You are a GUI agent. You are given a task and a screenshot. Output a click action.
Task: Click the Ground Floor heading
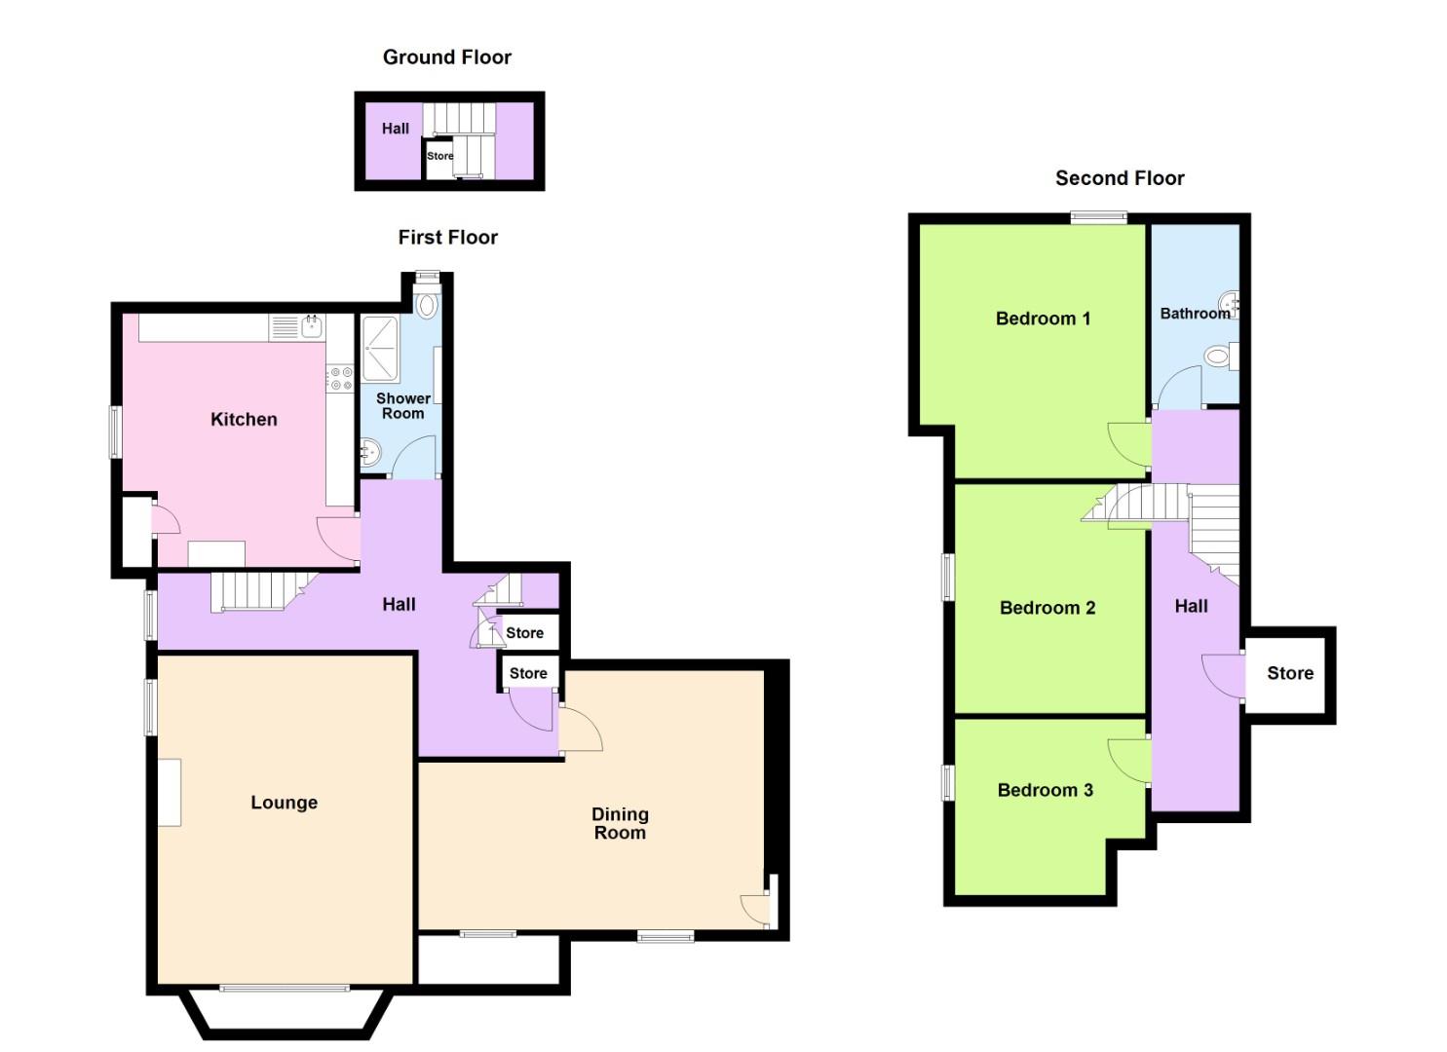tap(446, 57)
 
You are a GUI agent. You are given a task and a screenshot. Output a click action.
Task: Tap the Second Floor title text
tap(1120, 178)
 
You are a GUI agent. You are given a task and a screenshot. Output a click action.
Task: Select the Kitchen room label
tap(244, 420)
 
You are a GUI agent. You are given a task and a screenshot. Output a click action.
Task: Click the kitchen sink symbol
tap(312, 326)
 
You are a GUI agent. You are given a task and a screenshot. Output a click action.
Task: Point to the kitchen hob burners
tap(339, 379)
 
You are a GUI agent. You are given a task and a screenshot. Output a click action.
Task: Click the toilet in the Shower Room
tap(427, 304)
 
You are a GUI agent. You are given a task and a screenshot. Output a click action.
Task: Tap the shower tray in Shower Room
tap(380, 349)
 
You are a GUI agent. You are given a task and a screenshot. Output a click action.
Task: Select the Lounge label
tap(284, 803)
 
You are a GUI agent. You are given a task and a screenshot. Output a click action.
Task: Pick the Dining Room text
tap(620, 823)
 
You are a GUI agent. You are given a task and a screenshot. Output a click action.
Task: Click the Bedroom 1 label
tap(1043, 319)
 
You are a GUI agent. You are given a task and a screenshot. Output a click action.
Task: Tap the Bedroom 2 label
tap(1047, 608)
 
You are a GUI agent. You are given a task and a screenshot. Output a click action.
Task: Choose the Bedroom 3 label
tap(1045, 790)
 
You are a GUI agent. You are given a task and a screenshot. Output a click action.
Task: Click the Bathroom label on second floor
tap(1194, 314)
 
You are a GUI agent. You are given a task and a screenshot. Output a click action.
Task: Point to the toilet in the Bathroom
tap(1218, 357)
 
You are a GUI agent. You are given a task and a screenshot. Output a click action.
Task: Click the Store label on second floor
tap(1289, 673)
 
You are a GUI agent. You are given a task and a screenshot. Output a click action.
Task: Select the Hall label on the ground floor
tap(395, 129)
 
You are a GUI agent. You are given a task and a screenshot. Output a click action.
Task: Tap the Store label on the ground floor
tap(439, 156)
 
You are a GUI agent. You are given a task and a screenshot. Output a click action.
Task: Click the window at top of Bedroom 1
tap(1098, 218)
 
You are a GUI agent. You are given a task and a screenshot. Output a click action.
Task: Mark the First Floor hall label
tap(399, 605)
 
